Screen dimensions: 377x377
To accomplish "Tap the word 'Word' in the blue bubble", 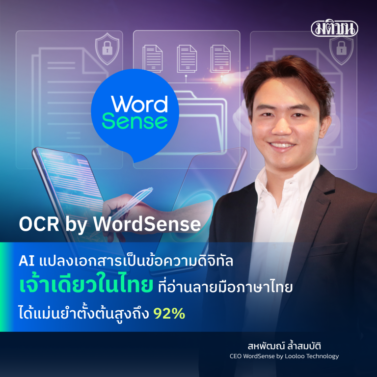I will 139,104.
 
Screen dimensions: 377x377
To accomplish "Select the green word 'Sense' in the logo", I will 139,121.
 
